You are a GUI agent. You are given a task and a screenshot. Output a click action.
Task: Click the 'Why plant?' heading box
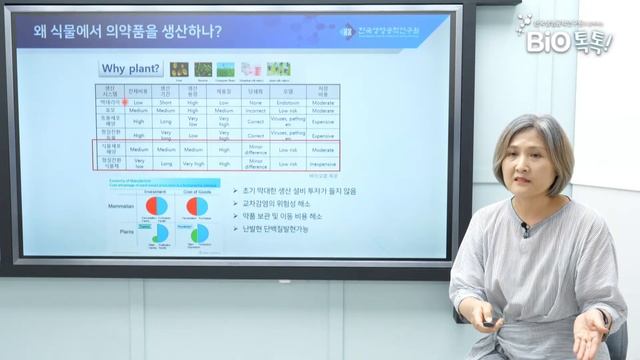click(x=131, y=69)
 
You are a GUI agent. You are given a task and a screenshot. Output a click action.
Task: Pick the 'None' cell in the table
click(x=255, y=102)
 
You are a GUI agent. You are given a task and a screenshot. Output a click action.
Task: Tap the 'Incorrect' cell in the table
click(x=255, y=111)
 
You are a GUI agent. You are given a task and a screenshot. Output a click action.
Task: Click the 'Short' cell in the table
click(x=166, y=102)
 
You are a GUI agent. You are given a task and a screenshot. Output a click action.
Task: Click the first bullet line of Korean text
click(x=295, y=189)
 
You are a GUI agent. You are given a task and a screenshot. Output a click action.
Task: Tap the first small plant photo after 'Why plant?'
click(x=179, y=69)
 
